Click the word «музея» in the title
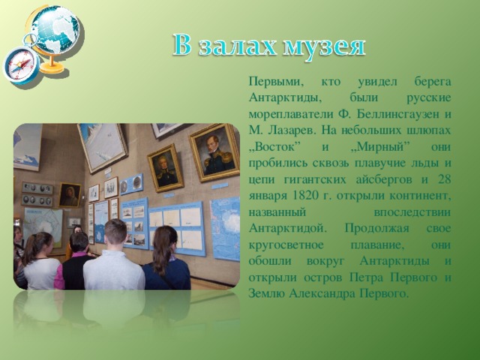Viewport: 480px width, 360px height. pos(324,47)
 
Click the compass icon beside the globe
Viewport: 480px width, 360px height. pos(21,64)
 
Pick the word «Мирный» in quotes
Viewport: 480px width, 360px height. pos(379,147)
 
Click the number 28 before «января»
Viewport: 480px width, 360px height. pos(445,179)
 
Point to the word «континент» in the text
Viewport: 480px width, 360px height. pos(420,196)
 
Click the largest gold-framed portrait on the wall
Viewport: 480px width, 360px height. pos(214,152)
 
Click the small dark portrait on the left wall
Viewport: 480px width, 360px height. pos(70,195)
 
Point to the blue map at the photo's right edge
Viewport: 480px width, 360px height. pos(226,228)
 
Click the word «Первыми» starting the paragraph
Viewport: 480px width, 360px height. pos(273,82)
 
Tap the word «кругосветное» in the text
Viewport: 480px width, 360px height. pos(286,245)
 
